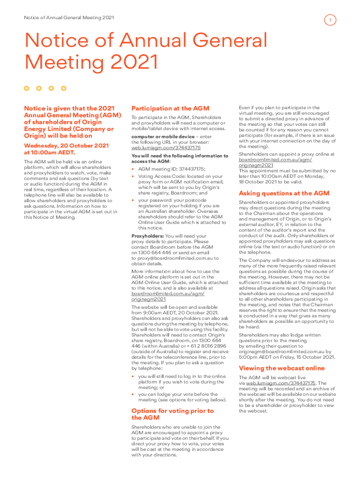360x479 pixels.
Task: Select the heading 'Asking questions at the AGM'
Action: click(284, 193)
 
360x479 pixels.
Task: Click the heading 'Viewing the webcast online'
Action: click(281, 368)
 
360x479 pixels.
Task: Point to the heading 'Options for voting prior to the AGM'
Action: click(173, 414)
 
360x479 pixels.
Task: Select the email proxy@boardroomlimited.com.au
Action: click(175, 258)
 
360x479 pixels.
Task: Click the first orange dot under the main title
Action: click(27, 88)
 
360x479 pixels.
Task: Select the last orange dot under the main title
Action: click(64, 88)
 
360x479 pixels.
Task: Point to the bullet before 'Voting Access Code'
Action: click(133, 176)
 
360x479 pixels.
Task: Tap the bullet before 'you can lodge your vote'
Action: click(133, 394)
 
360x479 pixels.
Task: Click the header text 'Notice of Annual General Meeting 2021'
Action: click(69, 18)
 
